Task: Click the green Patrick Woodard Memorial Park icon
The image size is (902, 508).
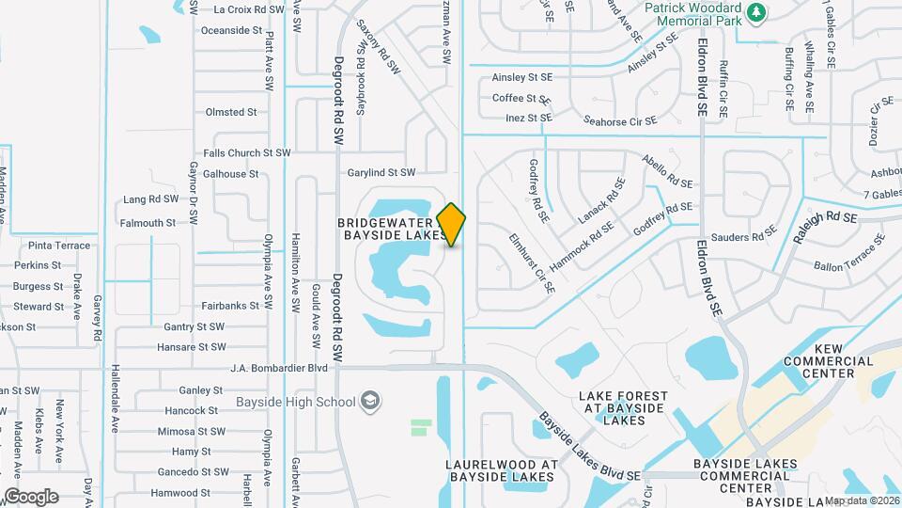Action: [x=757, y=12]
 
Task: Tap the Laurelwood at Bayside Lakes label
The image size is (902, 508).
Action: [x=502, y=471]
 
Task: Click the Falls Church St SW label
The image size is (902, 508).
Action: [x=247, y=152]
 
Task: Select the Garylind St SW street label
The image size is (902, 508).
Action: [x=381, y=173]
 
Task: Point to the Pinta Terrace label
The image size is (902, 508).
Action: [x=58, y=246]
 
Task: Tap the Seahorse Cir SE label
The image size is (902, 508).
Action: [x=619, y=121]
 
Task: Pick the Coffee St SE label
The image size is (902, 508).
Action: [x=521, y=98]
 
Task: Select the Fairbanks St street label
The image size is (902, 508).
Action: [x=230, y=306]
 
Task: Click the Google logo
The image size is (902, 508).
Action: [x=30, y=496]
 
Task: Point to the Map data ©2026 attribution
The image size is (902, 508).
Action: [x=862, y=501]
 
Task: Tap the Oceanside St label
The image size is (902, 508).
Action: [x=231, y=30]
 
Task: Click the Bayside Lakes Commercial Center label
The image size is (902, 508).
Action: [x=745, y=476]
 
